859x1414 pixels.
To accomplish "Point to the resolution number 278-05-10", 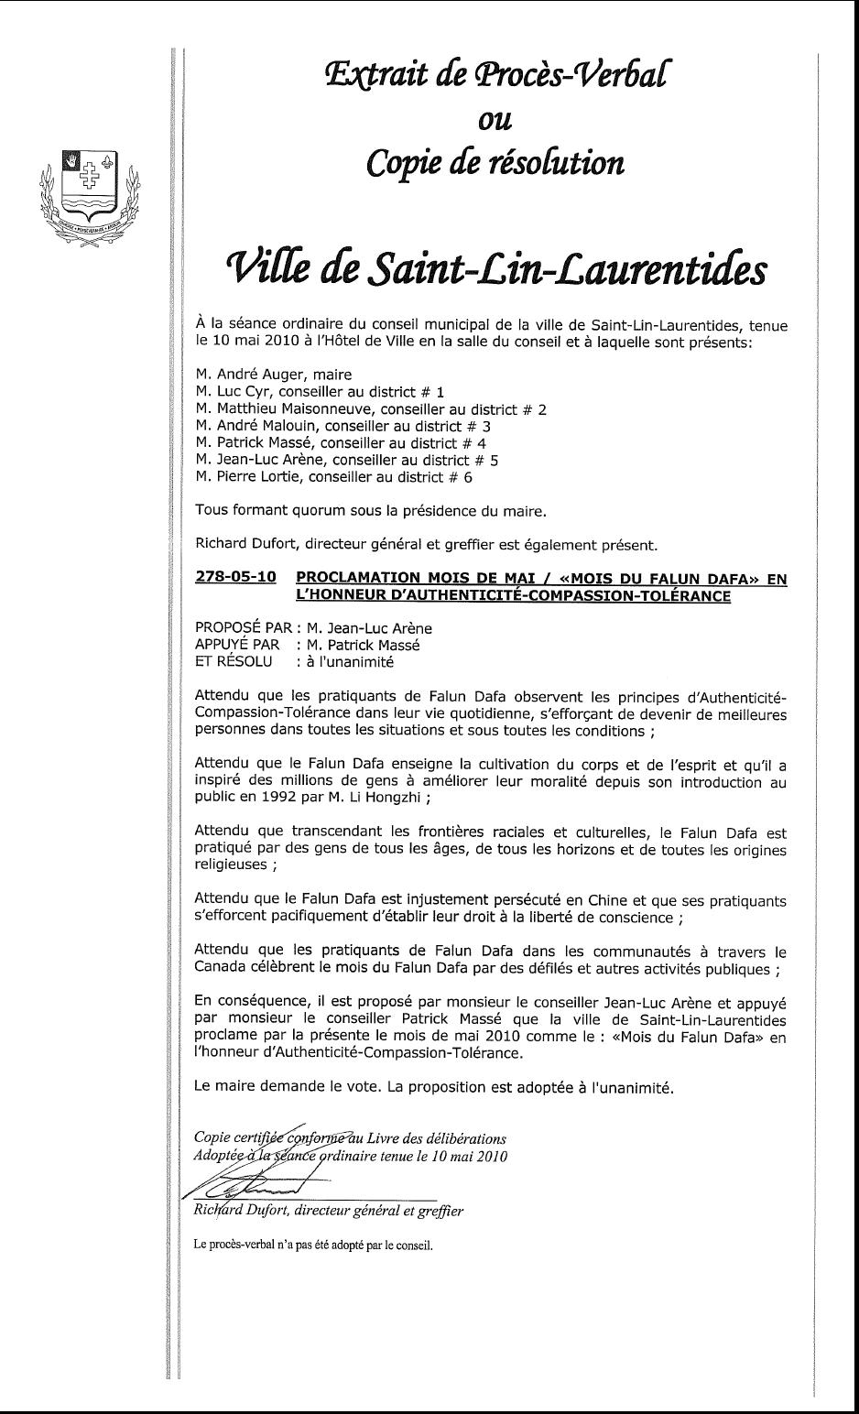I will [235, 579].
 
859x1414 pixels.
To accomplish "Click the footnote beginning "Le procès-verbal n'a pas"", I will [312, 1245].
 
